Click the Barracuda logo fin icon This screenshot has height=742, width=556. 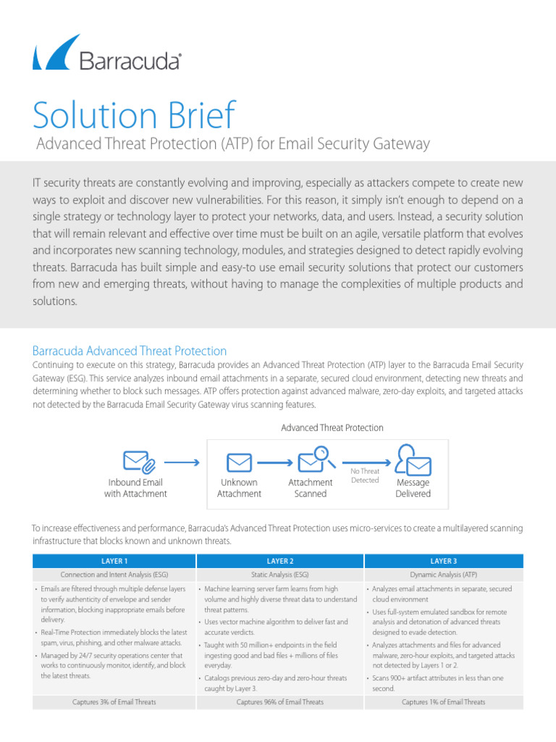[54, 52]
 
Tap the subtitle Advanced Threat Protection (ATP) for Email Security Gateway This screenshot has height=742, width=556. [233, 144]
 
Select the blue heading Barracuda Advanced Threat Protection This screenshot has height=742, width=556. [130, 351]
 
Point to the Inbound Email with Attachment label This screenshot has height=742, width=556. [135, 488]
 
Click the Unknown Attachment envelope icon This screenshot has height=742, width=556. [239, 462]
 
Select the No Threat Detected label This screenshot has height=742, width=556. [365, 475]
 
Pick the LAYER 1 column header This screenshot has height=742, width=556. [114, 561]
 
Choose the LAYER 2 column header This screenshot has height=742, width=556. [279, 561]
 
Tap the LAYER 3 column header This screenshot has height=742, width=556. [443, 561]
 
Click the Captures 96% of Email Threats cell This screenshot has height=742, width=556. [279, 701]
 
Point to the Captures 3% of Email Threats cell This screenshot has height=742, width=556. [114, 701]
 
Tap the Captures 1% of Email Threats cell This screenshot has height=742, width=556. [443, 701]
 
